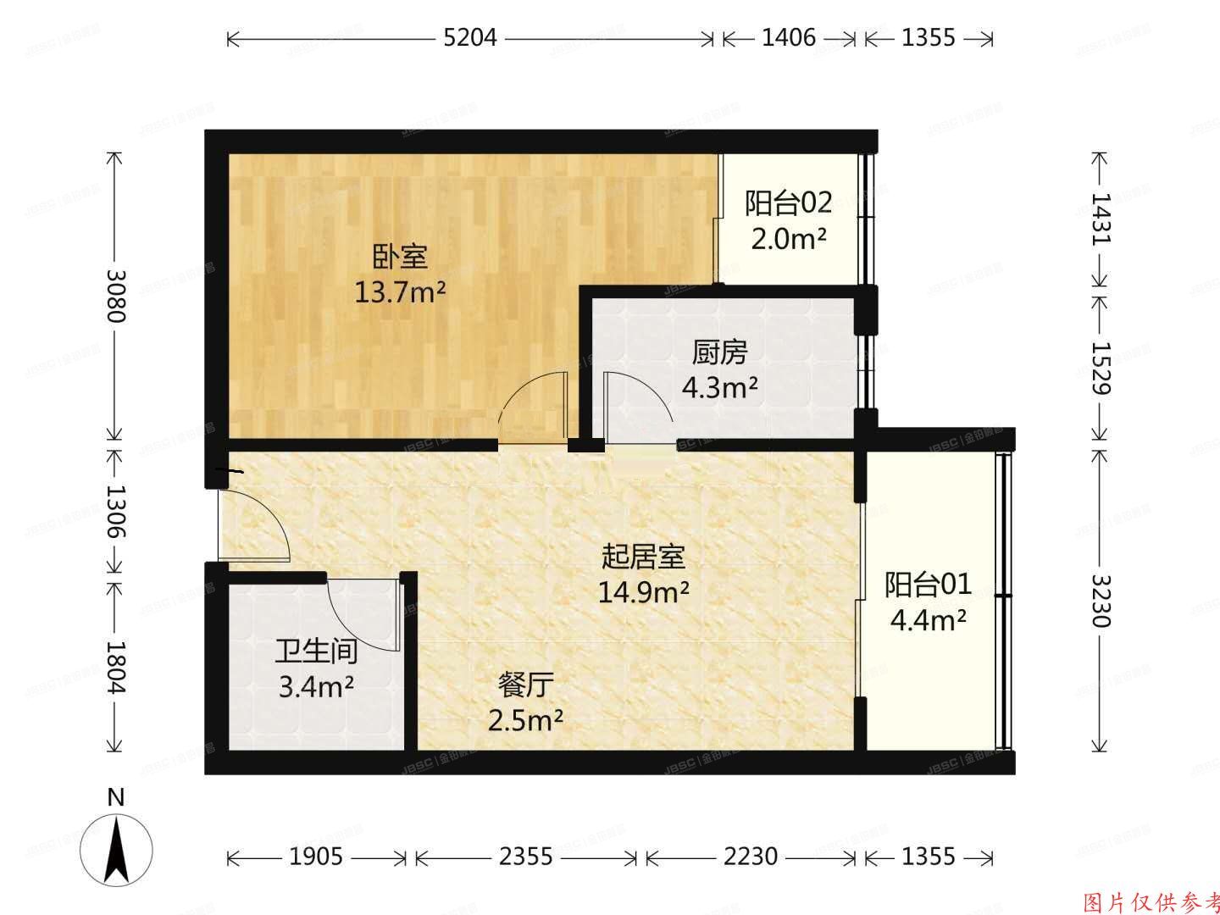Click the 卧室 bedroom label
pos(400,256)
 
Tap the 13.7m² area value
pos(400,294)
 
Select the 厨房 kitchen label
pos(720,352)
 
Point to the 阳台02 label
pos(788,203)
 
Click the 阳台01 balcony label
pos(929,585)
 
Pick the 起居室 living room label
pos(643,557)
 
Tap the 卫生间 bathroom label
pos(316,651)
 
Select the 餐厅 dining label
pos(526,684)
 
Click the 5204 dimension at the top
pos(470,38)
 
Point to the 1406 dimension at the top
pos(788,38)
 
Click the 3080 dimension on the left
pos(115,297)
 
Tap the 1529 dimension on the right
pos(1101,368)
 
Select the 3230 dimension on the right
pos(1101,601)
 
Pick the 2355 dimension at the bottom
pos(525,857)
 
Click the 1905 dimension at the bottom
pos(316,857)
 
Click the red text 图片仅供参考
pos(1151,901)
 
